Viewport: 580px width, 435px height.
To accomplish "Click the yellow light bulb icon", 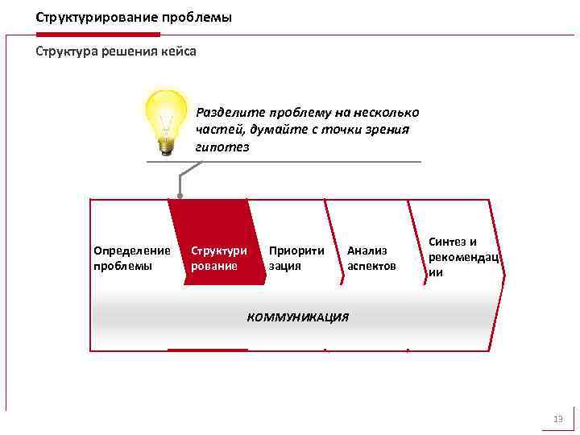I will tap(166, 117).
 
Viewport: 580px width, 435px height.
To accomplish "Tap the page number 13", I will tap(557, 419).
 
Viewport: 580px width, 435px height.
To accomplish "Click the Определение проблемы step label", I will tap(132, 258).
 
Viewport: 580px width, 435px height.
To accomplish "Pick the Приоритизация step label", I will tap(296, 258).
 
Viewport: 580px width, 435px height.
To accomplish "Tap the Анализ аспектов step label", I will tap(371, 258).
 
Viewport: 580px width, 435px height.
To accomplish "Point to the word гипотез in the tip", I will tap(222, 147).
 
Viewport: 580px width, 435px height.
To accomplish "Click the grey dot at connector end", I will tap(180, 196).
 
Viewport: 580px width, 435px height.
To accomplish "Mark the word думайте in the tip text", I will tap(264, 130).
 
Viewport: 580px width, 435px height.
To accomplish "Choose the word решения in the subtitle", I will tap(128, 52).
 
